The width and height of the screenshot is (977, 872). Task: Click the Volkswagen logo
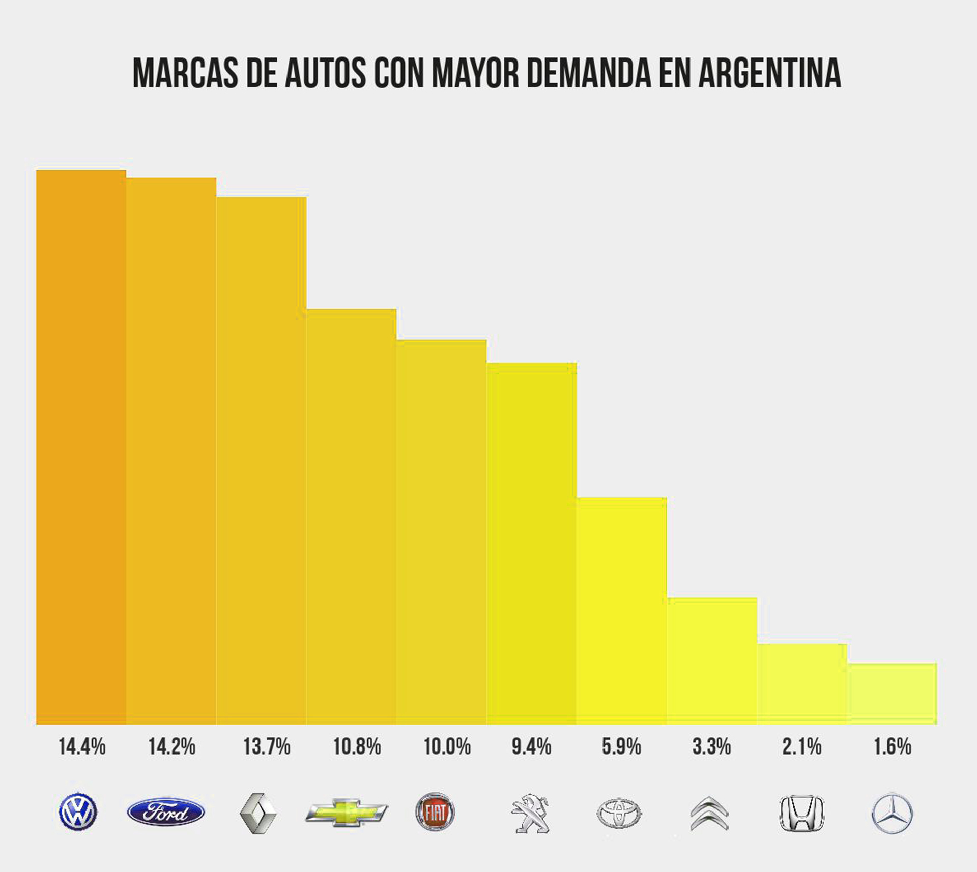tap(78, 812)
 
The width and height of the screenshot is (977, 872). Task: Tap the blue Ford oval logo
tap(166, 812)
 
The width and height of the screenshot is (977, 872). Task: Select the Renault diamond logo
tap(258, 813)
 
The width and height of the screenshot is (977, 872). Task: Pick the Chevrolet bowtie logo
tap(347, 812)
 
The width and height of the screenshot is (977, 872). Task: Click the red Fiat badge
tap(435, 812)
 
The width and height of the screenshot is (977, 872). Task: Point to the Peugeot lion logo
tap(531, 813)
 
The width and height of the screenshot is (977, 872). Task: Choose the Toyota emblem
tap(619, 813)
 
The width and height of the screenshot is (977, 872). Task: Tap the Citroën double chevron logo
tap(710, 814)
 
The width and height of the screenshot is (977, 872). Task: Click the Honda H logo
tap(801, 814)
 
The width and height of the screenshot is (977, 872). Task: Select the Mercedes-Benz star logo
tap(893, 814)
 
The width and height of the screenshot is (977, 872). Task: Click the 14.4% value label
tap(82, 747)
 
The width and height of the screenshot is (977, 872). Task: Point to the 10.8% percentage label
tap(357, 747)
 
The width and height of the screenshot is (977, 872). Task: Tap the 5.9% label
tap(621, 747)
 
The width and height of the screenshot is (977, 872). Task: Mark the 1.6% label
tap(893, 747)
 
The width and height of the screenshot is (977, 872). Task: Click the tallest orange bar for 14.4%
tap(81, 447)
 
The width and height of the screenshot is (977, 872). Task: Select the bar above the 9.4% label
tap(531, 544)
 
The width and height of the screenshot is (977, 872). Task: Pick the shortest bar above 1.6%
tap(893, 694)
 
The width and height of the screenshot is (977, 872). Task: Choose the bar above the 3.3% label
tap(712, 661)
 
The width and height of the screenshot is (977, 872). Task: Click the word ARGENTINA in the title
tap(769, 73)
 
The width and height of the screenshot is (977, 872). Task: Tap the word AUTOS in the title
tap(325, 73)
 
